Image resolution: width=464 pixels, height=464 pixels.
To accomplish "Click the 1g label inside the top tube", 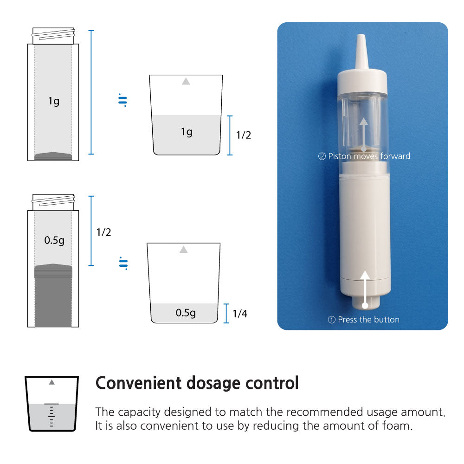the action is tap(54, 101).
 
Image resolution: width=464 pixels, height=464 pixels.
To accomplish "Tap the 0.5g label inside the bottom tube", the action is tap(54, 240).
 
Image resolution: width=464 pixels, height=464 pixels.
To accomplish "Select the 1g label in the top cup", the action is tap(187, 132).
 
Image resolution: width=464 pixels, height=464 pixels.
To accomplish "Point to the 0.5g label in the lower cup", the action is tap(186, 312).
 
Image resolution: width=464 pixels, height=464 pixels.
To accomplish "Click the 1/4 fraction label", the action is tap(240, 313).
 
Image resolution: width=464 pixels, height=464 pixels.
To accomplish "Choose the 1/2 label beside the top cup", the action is tap(244, 135).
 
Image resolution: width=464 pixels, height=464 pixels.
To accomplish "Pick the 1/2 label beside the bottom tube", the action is tap(103, 232).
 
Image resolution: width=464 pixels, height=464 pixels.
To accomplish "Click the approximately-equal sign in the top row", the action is tap(122, 100).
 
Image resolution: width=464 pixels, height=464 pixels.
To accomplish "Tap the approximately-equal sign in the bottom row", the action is tap(123, 264).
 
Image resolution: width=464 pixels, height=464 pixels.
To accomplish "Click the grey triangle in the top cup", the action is tap(186, 81).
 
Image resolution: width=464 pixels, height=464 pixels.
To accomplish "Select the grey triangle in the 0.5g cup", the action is tap(183, 250).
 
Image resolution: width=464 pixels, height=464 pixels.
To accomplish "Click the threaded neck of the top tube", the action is tap(53, 36).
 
